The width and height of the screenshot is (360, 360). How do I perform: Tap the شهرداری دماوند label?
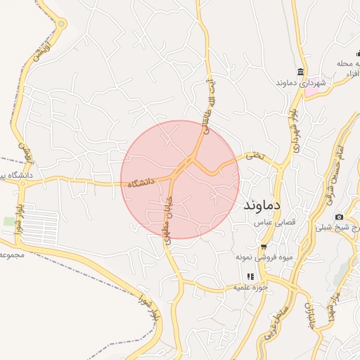tap(302, 83)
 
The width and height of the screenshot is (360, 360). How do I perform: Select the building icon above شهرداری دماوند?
tap(302, 72)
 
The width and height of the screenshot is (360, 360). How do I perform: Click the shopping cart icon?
tap(264, 247)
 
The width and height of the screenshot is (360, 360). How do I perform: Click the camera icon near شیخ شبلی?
tap(340, 217)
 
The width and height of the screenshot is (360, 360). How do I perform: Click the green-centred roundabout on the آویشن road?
tap(62, 24)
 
